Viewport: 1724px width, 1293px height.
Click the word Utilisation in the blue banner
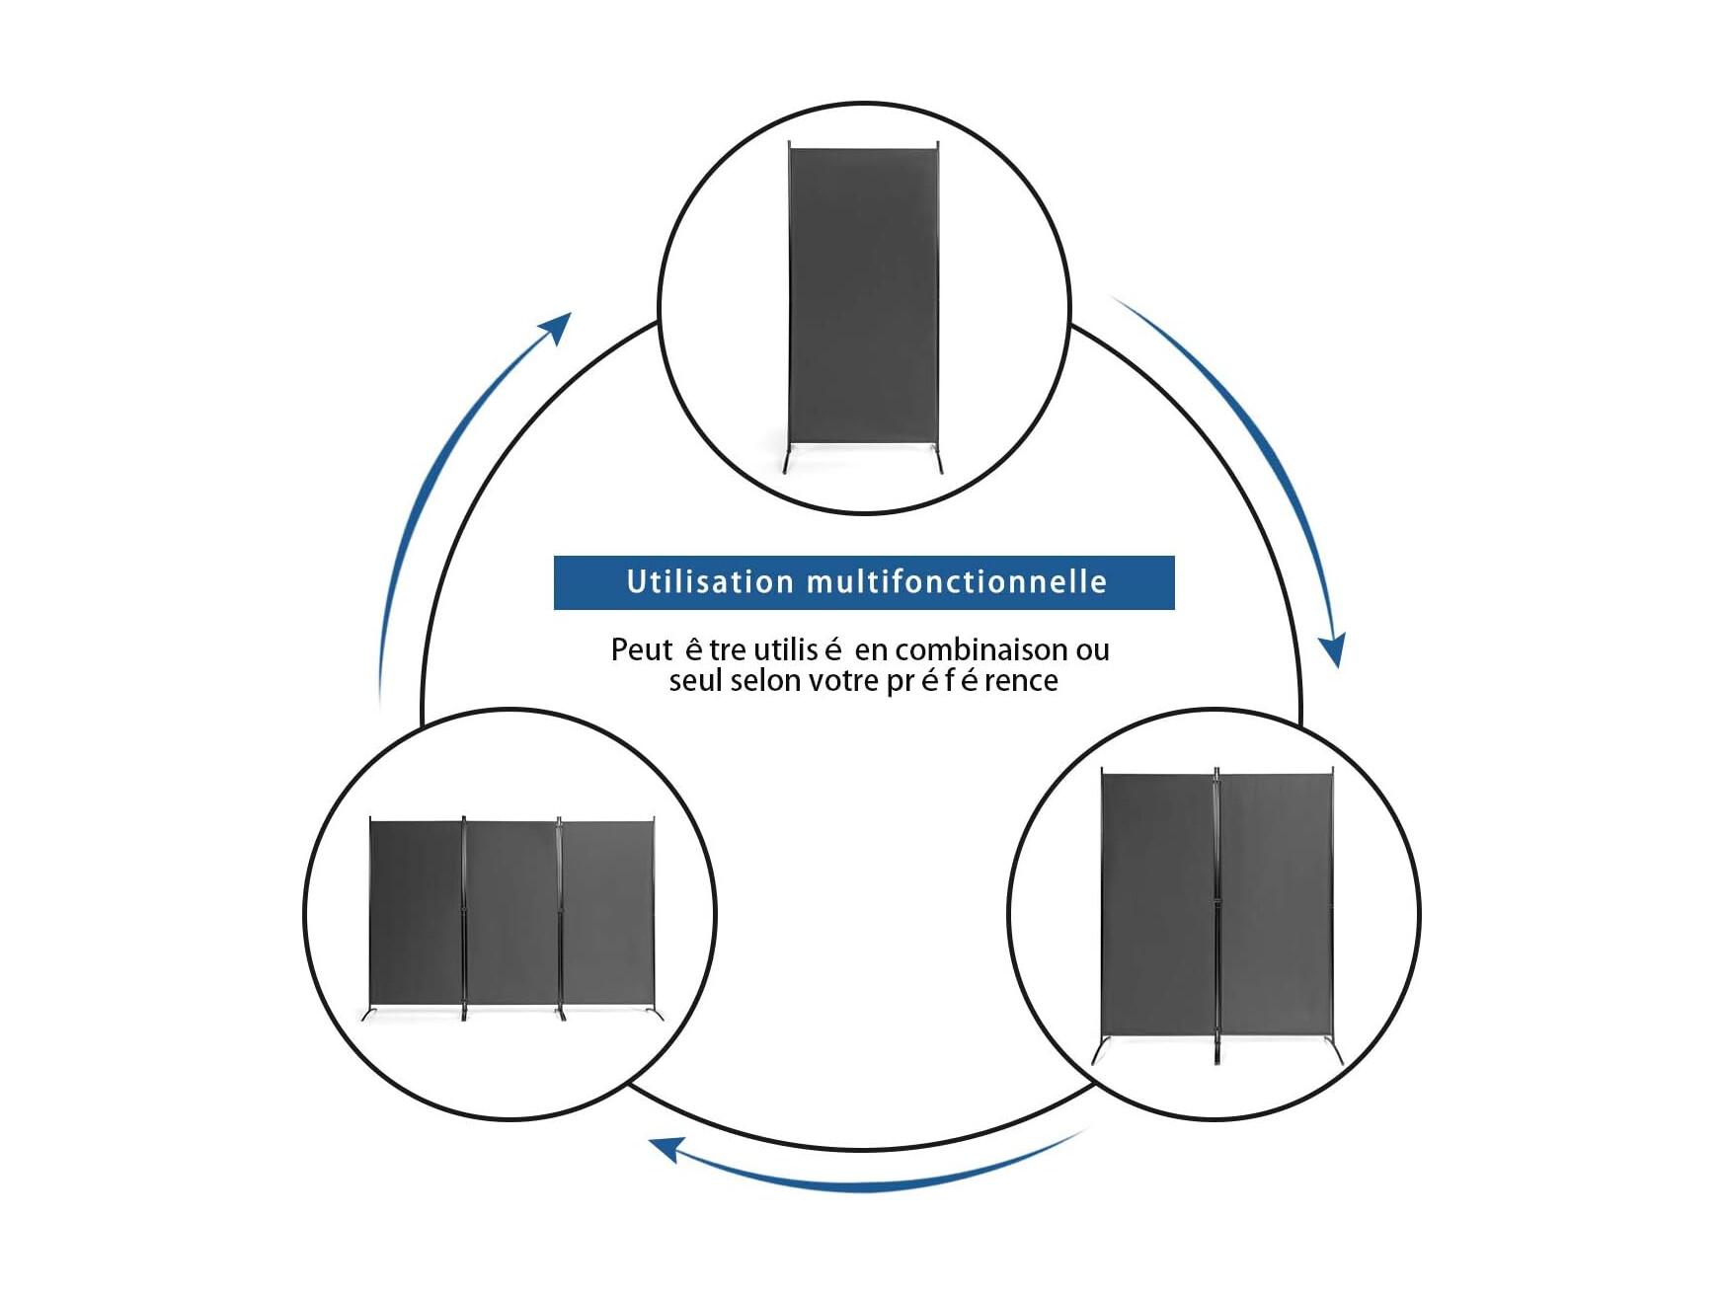pyautogui.click(x=710, y=581)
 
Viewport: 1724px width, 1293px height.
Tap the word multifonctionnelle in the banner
pyautogui.click(x=957, y=581)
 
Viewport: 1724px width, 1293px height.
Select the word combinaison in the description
pyautogui.click(x=981, y=649)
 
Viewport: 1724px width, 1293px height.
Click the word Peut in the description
pyautogui.click(x=642, y=649)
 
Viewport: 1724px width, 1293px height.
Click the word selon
pyautogui.click(x=765, y=680)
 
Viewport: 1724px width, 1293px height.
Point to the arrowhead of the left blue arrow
pyautogui.click(x=558, y=328)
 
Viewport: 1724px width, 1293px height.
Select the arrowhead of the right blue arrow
pyautogui.click(x=1333, y=651)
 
